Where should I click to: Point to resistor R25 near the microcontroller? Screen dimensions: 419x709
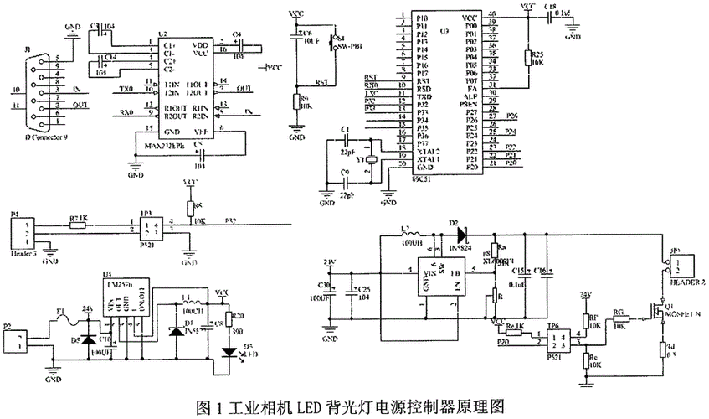(528, 58)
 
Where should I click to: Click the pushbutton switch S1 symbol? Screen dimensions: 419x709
(334, 39)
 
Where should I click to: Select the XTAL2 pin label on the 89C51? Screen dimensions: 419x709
(428, 150)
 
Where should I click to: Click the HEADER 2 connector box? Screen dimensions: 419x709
(684, 267)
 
